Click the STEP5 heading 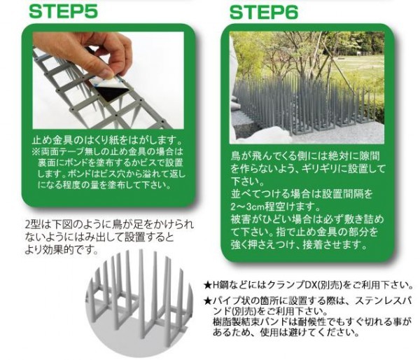pyautogui.click(x=63, y=11)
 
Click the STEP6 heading pyautogui.click(x=264, y=13)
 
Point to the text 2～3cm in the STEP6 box pyautogui.click(x=248, y=207)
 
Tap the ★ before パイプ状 pyautogui.click(x=208, y=301)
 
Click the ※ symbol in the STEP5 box pyautogui.click(x=36, y=152)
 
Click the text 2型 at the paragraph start pyautogui.click(x=32, y=224)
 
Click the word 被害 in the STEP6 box pyautogui.click(x=240, y=220)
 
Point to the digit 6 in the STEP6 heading pyautogui.click(x=291, y=13)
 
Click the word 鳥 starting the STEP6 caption pyautogui.click(x=236, y=156)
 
